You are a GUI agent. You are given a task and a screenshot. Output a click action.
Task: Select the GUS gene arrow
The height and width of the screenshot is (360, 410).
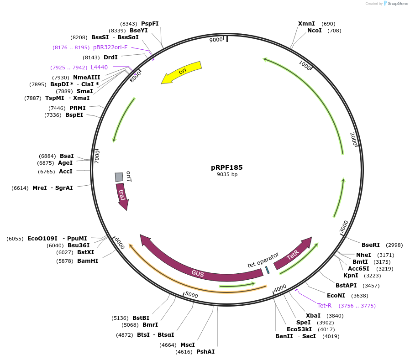[x=198, y=272]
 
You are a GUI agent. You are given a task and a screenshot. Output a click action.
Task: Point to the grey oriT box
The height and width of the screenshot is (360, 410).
[x=119, y=177]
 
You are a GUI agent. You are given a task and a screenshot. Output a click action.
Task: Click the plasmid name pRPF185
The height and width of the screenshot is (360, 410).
[x=227, y=167]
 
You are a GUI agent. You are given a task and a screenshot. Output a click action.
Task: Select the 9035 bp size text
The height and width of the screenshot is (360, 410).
[x=227, y=174]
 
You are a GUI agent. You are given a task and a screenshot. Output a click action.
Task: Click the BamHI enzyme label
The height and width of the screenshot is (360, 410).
[x=88, y=261]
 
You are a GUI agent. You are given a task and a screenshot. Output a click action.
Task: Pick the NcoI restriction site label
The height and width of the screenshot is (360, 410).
[x=314, y=31]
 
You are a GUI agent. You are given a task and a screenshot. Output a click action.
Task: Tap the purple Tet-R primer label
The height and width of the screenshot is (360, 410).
[x=324, y=305]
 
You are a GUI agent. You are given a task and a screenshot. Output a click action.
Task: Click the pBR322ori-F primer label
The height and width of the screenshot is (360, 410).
[x=110, y=47]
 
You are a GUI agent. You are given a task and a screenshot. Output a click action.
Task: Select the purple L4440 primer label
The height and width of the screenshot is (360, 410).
[x=99, y=67]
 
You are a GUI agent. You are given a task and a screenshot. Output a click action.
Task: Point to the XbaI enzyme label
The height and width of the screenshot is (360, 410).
[x=313, y=315]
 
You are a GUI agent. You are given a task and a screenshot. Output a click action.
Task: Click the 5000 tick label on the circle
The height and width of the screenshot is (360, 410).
[x=191, y=295]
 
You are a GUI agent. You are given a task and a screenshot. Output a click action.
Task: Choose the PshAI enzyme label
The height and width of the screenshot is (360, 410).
[x=205, y=351]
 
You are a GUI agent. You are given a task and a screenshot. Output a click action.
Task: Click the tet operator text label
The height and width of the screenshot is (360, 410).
[x=263, y=260]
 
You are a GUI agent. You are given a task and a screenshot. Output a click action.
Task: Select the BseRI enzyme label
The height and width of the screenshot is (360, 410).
[x=370, y=245]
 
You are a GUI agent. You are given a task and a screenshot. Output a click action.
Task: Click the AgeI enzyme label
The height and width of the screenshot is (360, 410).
[x=65, y=162]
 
